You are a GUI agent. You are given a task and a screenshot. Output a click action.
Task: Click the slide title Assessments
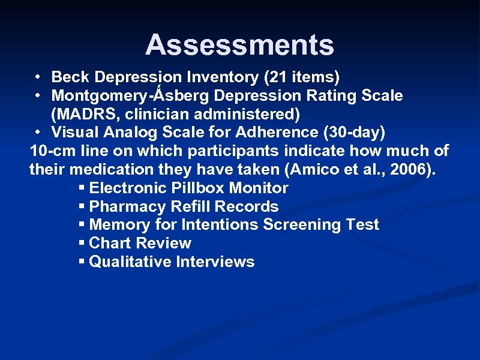point(239,45)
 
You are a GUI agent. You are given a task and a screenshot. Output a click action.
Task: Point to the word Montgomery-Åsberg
point(131,95)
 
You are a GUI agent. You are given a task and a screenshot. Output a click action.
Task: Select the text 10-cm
point(52,151)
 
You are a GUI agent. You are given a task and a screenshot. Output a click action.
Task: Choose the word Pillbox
point(197,188)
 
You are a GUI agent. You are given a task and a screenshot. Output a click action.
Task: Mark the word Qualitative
point(128,262)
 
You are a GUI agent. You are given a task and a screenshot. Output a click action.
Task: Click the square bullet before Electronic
point(82,188)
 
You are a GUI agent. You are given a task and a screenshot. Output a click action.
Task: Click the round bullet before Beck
point(38,77)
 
